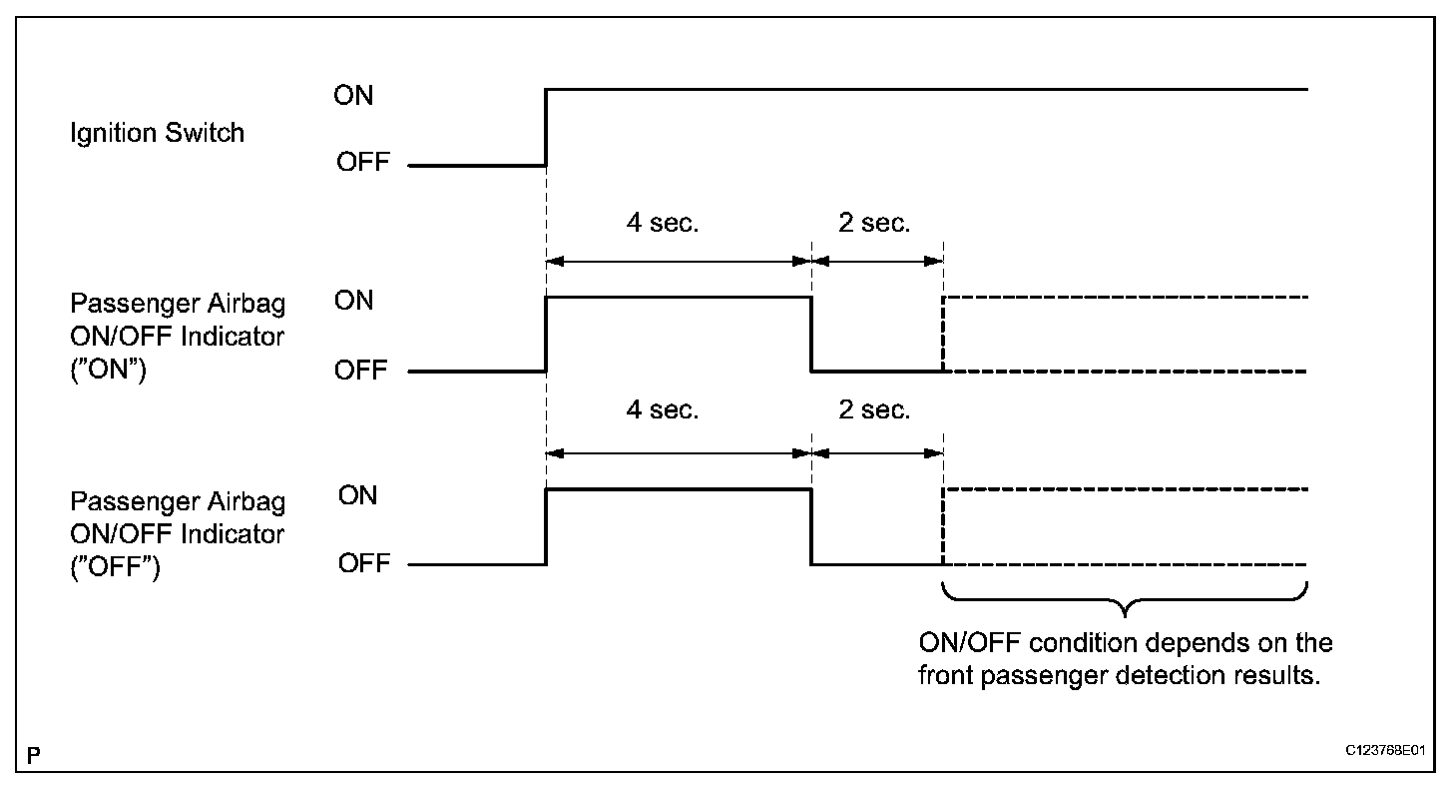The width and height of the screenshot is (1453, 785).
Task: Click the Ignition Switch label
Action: coord(157,133)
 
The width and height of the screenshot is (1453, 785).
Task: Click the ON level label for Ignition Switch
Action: coord(353,97)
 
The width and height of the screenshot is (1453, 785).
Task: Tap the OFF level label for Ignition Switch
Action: coord(362,164)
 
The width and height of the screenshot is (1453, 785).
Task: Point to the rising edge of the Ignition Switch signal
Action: coord(546,127)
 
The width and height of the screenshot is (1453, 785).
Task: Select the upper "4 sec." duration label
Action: coord(663,224)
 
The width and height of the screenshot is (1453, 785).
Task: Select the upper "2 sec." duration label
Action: coord(874,224)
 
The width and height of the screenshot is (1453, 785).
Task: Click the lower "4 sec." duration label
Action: coord(663,410)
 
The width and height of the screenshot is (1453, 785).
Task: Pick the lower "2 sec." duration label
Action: coord(874,410)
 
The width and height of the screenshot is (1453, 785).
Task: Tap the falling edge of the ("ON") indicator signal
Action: coord(811,335)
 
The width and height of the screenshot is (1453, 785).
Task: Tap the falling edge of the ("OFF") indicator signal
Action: coord(811,527)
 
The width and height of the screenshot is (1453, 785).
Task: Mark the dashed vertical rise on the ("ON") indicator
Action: coord(943,335)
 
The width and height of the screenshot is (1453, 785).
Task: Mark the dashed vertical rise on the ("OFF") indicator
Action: coord(943,527)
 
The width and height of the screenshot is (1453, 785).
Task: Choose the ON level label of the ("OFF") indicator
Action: coord(357,495)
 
